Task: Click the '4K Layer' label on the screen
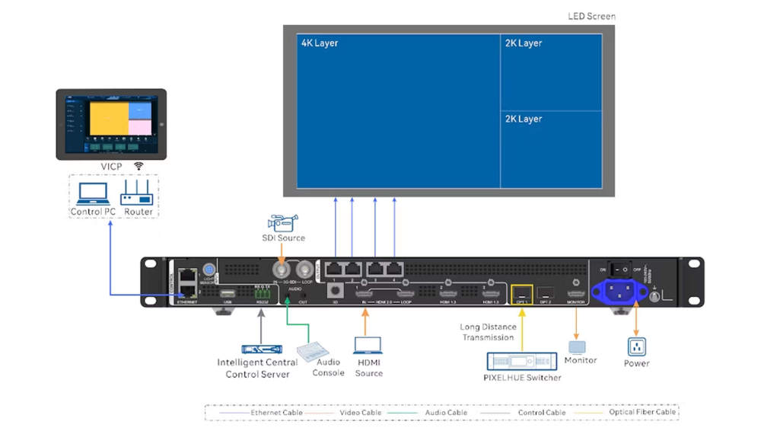pos(320,43)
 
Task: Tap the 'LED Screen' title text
pos(591,16)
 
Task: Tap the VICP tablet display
pos(110,125)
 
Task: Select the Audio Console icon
pos(313,350)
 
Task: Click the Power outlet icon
pos(636,346)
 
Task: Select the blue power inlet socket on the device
pos(619,290)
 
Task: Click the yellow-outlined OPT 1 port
pos(521,292)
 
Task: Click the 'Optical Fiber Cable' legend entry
pos(641,413)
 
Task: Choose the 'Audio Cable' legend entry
pos(445,413)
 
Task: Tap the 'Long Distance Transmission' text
pos(487,332)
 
